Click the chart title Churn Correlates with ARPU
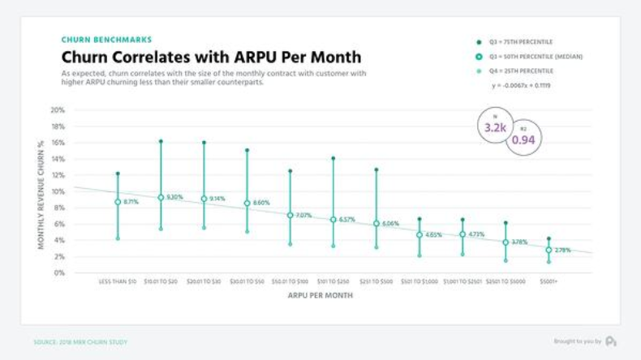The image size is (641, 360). pyautogui.click(x=211, y=58)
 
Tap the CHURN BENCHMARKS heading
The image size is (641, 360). pyautogui.click(x=106, y=40)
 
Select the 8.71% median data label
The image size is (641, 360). pyautogui.click(x=131, y=201)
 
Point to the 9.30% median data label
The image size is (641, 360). pyautogui.click(x=174, y=197)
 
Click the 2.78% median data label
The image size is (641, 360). pyautogui.click(x=562, y=250)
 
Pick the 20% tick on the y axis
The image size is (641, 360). pyautogui.click(x=58, y=110)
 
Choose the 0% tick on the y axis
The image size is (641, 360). pyautogui.click(x=59, y=273)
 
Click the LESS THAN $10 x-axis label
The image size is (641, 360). pyautogui.click(x=118, y=281)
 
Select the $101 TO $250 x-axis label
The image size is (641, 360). pyautogui.click(x=333, y=281)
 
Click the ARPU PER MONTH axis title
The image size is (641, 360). pyautogui.click(x=320, y=295)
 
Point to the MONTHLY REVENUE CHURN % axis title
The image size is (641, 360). pyautogui.click(x=41, y=193)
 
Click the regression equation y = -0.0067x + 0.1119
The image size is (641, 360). pyautogui.click(x=521, y=85)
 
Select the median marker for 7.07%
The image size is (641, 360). pyautogui.click(x=290, y=216)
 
